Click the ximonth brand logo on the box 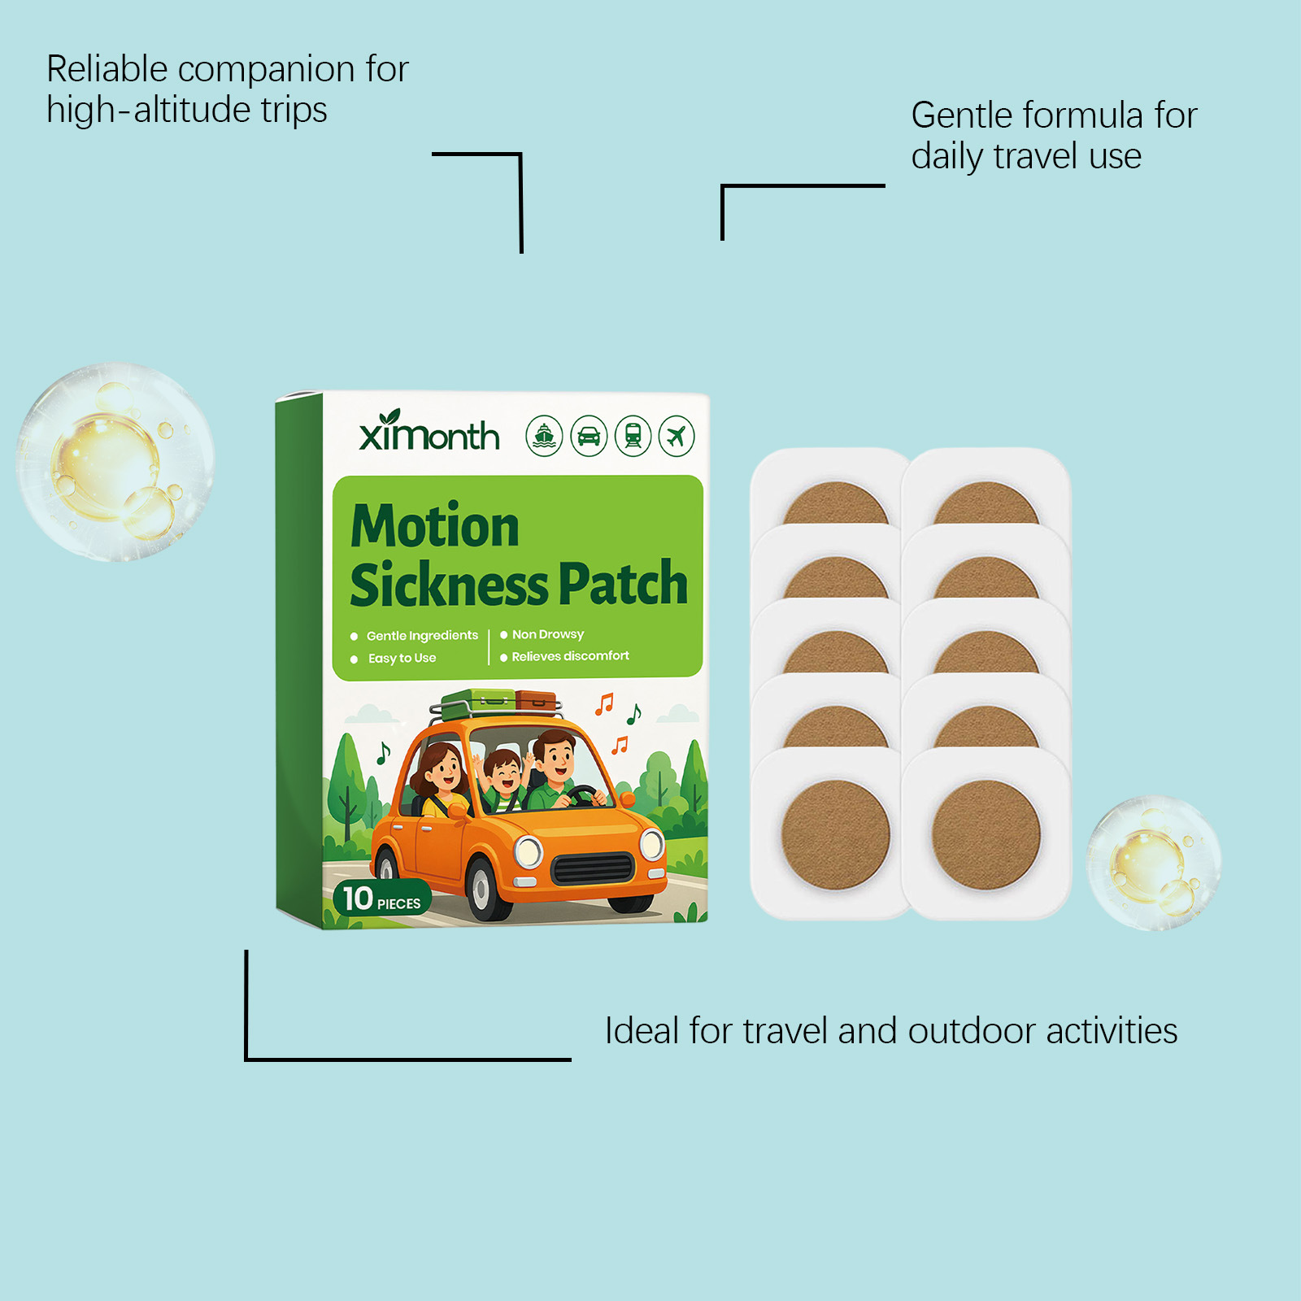429,433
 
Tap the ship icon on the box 544,436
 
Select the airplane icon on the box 677,436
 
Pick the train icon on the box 633,436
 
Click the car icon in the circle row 589,436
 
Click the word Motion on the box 435,526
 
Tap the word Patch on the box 623,584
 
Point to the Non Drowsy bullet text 547,634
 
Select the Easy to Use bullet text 402,658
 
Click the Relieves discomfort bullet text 570,656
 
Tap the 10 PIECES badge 381,899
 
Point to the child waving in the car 503,777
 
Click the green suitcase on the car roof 478,700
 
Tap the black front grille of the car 593,868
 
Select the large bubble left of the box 115,462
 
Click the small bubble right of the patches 1154,863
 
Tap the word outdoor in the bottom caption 971,1031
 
